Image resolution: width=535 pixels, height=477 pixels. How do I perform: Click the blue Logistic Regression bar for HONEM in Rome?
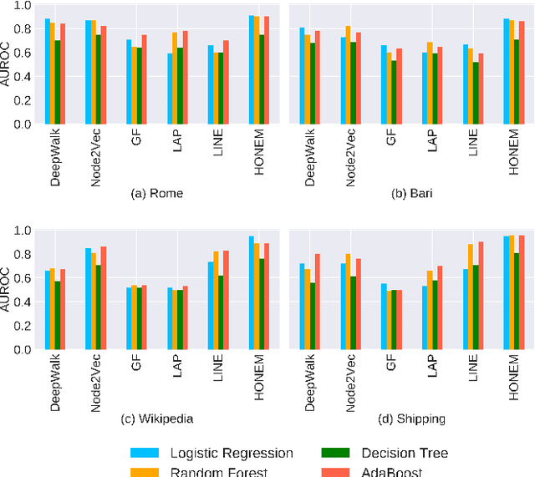(252, 70)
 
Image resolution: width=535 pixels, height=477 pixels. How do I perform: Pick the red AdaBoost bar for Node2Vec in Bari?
(359, 79)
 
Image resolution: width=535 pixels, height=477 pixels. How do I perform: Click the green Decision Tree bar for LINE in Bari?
(476, 93)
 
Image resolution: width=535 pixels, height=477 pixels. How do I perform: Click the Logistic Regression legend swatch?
(145, 454)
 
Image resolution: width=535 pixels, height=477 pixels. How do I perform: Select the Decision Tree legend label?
(404, 454)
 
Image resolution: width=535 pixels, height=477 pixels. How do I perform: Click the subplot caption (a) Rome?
(157, 193)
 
